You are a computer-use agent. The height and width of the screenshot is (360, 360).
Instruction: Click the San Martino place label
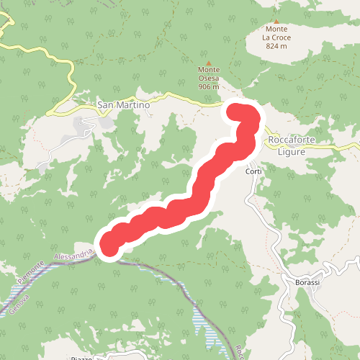point(123,105)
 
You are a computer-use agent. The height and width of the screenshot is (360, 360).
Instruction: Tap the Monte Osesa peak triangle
point(210,62)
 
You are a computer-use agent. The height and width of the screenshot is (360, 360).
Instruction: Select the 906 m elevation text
point(209,87)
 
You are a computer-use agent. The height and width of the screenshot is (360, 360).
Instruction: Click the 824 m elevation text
point(276,46)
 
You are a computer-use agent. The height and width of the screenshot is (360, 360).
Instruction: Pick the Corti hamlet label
point(253,171)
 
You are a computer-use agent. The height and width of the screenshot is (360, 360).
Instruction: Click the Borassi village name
point(307,282)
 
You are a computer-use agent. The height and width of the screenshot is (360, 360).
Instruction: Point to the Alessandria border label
point(74,255)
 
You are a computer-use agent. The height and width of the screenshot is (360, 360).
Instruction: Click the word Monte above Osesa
point(209,70)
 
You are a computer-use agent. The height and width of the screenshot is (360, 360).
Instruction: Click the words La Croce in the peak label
point(276,37)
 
